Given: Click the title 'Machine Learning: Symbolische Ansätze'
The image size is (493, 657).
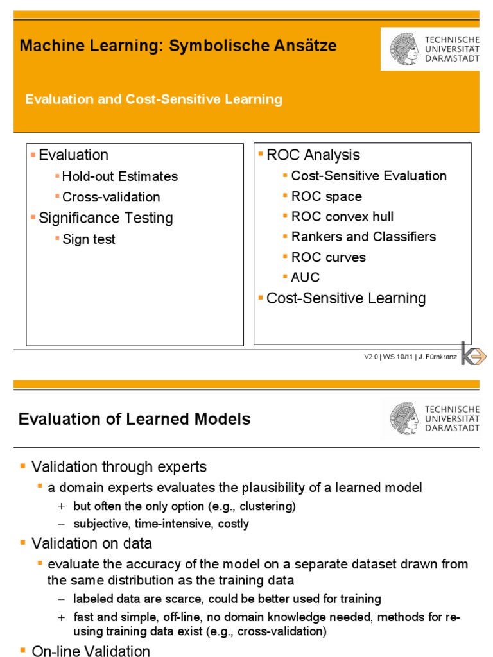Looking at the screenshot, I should pyautogui.click(x=178, y=46).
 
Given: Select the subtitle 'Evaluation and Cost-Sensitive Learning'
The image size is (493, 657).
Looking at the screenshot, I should pyautogui.click(x=153, y=99).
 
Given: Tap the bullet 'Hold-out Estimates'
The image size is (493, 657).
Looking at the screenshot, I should pyautogui.click(x=120, y=176).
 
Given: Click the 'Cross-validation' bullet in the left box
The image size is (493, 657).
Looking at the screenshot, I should pyautogui.click(x=111, y=197).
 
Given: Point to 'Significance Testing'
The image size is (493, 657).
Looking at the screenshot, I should pyautogui.click(x=106, y=218).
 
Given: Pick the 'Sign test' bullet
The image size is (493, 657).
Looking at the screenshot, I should pyautogui.click(x=89, y=239).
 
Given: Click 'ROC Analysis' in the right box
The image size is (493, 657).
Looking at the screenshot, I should pyautogui.click(x=313, y=155).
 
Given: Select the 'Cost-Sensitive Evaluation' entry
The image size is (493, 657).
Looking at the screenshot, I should pyautogui.click(x=368, y=176).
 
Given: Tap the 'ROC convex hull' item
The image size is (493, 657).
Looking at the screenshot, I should pyautogui.click(x=342, y=217).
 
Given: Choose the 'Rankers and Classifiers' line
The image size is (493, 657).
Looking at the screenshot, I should pyautogui.click(x=363, y=237).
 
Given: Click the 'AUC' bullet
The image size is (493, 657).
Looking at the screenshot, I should pyautogui.click(x=305, y=278).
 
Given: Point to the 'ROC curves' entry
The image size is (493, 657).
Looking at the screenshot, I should pyautogui.click(x=328, y=257).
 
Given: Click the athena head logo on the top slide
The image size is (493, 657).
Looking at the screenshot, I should pyautogui.click(x=404, y=49).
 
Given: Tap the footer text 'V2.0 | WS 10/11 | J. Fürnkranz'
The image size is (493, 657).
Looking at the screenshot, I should pyautogui.click(x=410, y=357).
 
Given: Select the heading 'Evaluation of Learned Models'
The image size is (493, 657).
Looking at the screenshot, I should pyautogui.click(x=135, y=420).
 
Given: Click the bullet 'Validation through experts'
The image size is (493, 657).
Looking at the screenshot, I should pyautogui.click(x=119, y=466).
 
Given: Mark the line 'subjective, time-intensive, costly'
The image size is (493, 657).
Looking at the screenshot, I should pyautogui.click(x=160, y=524).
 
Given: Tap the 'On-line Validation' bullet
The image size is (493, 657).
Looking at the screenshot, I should pyautogui.click(x=91, y=651).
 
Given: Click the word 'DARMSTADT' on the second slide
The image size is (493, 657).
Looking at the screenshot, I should pyautogui.click(x=453, y=428).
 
